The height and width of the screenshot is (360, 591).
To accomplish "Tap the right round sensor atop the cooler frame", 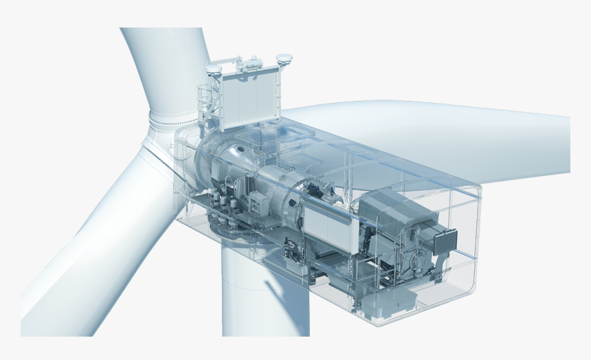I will [284, 60].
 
